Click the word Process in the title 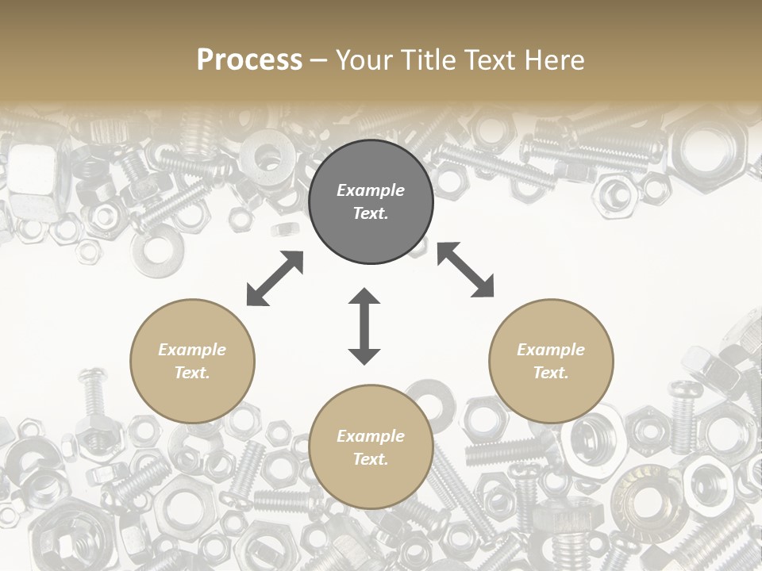(x=249, y=60)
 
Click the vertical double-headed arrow (x=364, y=326)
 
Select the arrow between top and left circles (x=275, y=278)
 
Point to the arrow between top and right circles (x=465, y=270)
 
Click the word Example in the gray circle (x=371, y=190)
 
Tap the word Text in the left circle (x=191, y=373)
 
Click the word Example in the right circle (x=551, y=350)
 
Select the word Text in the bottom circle (x=370, y=459)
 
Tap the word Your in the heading (x=365, y=60)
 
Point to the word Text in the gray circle (x=370, y=213)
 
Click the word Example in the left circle (x=192, y=350)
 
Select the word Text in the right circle (x=550, y=373)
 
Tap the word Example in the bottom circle (x=371, y=436)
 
